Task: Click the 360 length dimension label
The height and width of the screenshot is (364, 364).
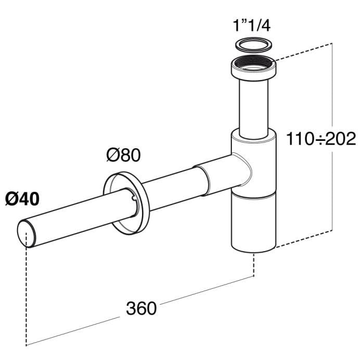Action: (141, 308)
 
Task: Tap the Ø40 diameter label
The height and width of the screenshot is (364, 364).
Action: (22, 199)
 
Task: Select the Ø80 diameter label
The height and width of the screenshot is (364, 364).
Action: (123, 155)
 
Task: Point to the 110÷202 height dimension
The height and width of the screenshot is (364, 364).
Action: (321, 138)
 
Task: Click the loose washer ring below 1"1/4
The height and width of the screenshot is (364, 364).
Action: (252, 44)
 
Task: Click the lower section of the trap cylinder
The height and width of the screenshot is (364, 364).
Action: (253, 221)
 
